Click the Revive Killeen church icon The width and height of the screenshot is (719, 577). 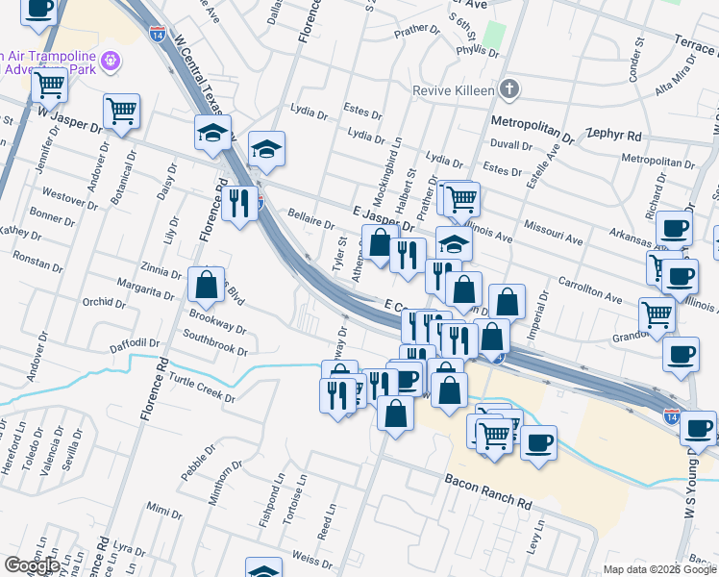click(x=509, y=90)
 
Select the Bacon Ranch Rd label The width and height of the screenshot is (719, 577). click(x=487, y=477)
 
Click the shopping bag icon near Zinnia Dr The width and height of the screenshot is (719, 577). click(x=207, y=285)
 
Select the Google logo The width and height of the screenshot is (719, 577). click(x=32, y=565)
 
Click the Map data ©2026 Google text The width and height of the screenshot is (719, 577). click(x=659, y=569)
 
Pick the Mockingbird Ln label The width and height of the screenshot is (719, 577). click(x=397, y=156)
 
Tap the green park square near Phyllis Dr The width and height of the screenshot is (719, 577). click(x=493, y=36)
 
